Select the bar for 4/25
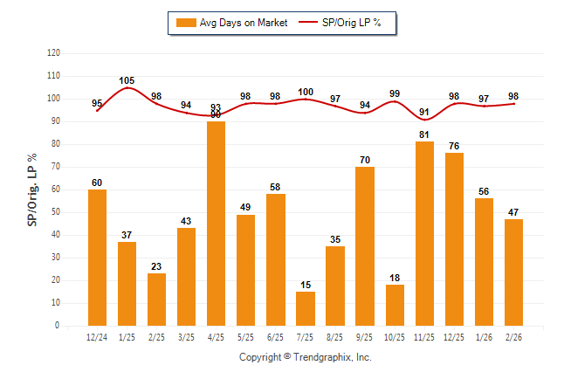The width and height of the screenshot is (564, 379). [x=216, y=224]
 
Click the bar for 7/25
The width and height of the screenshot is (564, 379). [x=306, y=308]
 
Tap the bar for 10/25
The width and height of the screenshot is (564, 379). [x=395, y=305]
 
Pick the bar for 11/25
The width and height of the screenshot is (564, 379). [x=424, y=234]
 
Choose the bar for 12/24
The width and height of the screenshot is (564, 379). [x=97, y=258]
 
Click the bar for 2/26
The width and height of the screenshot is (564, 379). [x=513, y=272]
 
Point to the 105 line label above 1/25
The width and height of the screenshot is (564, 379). [x=127, y=79]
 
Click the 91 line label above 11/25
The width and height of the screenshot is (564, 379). [x=424, y=112]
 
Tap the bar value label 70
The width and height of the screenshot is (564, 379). [x=365, y=160]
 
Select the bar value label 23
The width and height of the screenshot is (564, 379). [x=157, y=266]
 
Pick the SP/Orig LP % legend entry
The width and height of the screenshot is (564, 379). [x=340, y=23]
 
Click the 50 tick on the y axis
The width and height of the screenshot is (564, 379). [x=56, y=212]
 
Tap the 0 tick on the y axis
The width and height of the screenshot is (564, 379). [x=58, y=326]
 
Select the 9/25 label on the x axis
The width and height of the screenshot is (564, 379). [x=365, y=337]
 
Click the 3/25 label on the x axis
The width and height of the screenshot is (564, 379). [x=186, y=337]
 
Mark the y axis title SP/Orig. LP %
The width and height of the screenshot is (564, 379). [x=32, y=189]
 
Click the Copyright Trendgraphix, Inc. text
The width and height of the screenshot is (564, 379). [x=306, y=357]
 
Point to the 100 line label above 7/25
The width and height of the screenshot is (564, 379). [x=306, y=92]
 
